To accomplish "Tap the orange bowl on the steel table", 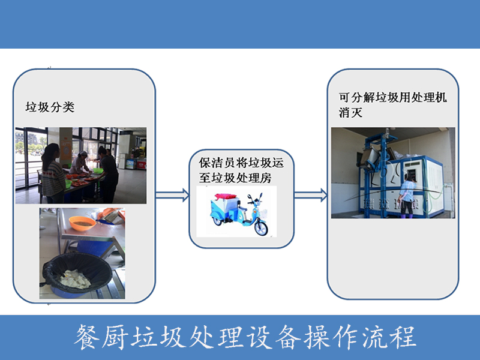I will pyautogui.click(x=82, y=223).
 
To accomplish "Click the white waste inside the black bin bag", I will pyautogui.click(x=76, y=277).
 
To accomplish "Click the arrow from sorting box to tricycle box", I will pyautogui.click(x=172, y=194).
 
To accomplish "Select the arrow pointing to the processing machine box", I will pyautogui.click(x=311, y=194).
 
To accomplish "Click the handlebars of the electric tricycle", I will pyautogui.click(x=252, y=198).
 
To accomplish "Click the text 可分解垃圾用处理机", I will pyautogui.click(x=393, y=98).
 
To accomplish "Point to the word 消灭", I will pyautogui.click(x=352, y=112).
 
